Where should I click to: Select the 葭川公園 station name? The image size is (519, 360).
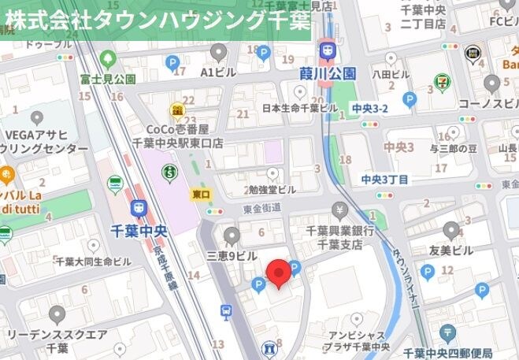pyautogui.click(x=328, y=73)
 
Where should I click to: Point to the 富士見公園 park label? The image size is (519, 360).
pyautogui.click(x=108, y=80)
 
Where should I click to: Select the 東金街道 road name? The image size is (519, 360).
pyautogui.click(x=262, y=207)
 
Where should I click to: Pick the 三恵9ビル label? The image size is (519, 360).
pyautogui.click(x=232, y=256)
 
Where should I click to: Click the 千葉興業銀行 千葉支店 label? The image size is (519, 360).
pyautogui.click(x=339, y=237)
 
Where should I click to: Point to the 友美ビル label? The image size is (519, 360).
pyautogui.click(x=451, y=251)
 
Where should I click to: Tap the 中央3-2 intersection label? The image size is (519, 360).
pyautogui.click(x=370, y=107)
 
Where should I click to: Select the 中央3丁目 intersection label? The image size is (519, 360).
pyautogui.click(x=385, y=180)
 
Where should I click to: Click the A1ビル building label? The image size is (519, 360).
pyautogui.click(x=218, y=72)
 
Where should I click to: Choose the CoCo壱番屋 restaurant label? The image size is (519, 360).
pyautogui.click(x=178, y=135)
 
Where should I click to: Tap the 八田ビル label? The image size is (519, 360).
pyautogui.click(x=391, y=74)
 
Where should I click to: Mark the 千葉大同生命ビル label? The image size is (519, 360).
pyautogui.click(x=93, y=261)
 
